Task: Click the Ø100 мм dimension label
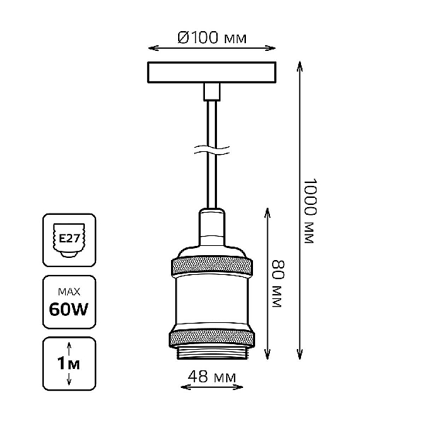(212, 38)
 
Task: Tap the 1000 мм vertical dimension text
(310, 211)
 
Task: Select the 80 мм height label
(278, 283)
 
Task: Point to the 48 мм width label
(212, 377)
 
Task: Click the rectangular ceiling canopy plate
(212, 72)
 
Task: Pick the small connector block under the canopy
(212, 92)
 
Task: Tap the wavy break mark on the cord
(212, 151)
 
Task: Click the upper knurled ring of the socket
(212, 266)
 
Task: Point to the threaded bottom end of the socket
(212, 353)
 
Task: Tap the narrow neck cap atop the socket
(212, 227)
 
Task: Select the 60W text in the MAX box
(69, 309)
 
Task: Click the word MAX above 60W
(69, 292)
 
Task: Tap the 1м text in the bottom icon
(69, 363)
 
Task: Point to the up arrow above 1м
(69, 348)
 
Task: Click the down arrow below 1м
(69, 378)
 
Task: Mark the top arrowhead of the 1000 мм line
(300, 66)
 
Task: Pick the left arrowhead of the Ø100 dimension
(153, 48)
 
